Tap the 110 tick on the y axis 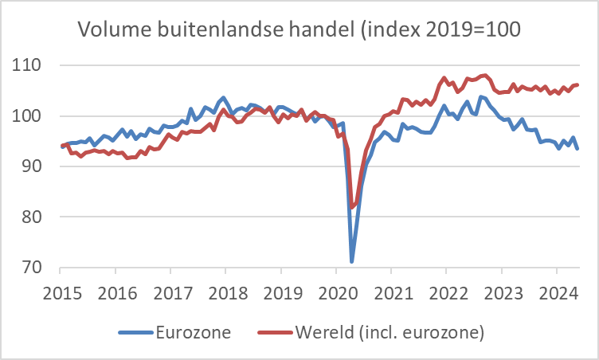pyautogui.click(x=29, y=65)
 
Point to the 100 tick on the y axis pyautogui.click(x=29, y=116)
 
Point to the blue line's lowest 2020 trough pyautogui.click(x=351, y=261)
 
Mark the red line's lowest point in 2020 pyautogui.click(x=352, y=208)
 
